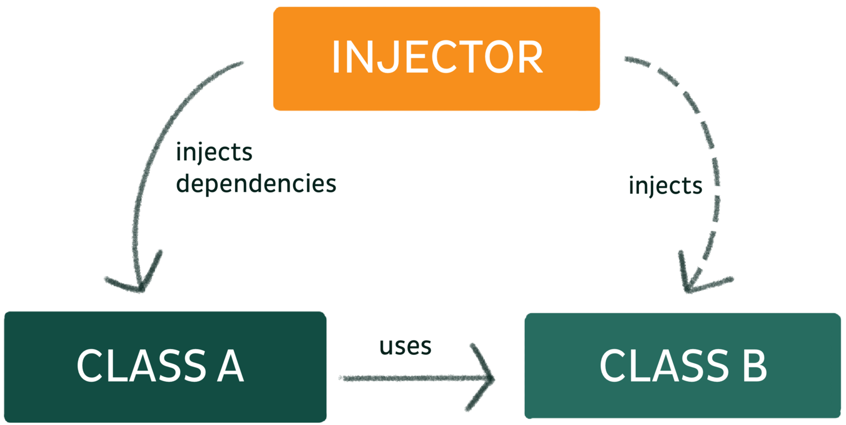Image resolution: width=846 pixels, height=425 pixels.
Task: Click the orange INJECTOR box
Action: click(x=436, y=58)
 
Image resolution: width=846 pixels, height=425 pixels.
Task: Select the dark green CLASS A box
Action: click(x=165, y=367)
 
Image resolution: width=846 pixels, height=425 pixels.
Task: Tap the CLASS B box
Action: click(x=682, y=365)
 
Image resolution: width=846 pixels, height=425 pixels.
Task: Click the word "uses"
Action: click(x=406, y=346)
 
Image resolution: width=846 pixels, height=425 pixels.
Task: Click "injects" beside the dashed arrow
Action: click(x=665, y=185)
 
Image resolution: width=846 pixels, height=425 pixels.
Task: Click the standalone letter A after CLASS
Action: click(x=226, y=367)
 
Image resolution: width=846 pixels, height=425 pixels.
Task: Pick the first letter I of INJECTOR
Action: click(x=336, y=58)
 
